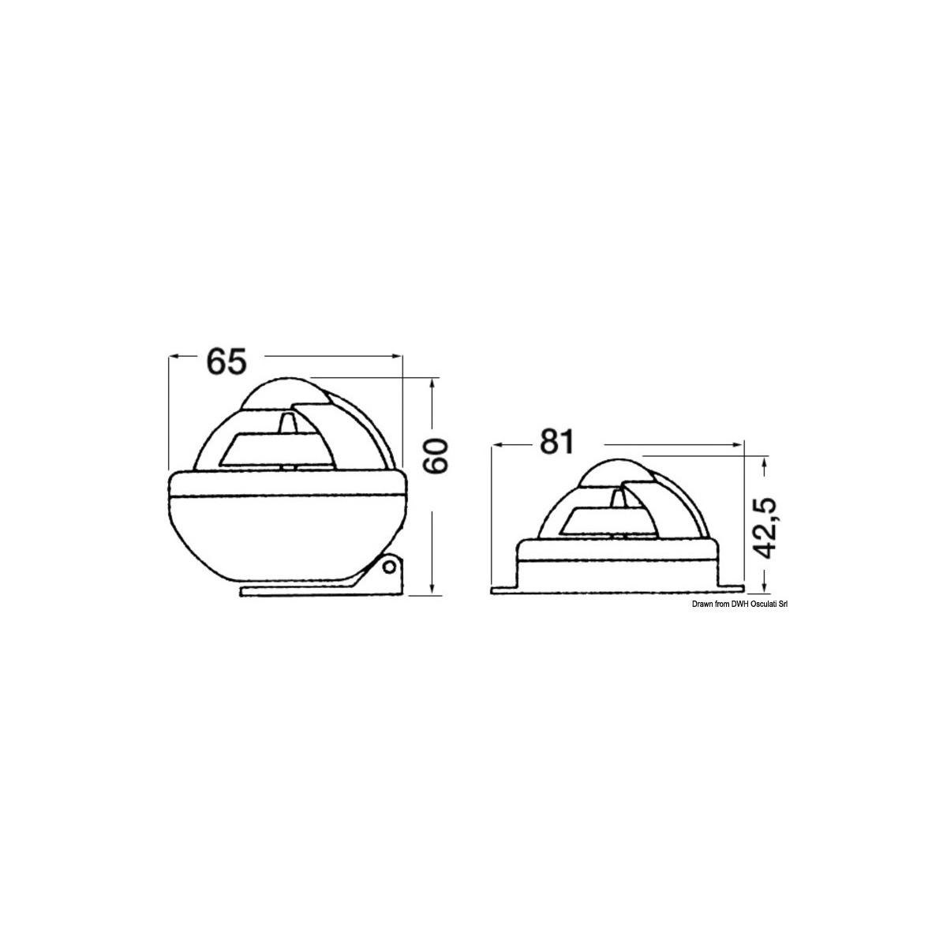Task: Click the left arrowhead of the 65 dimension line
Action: pyautogui.click(x=175, y=357)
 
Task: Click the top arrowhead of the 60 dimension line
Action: pyautogui.click(x=432, y=384)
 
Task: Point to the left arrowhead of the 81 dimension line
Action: pyautogui.click(x=498, y=445)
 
